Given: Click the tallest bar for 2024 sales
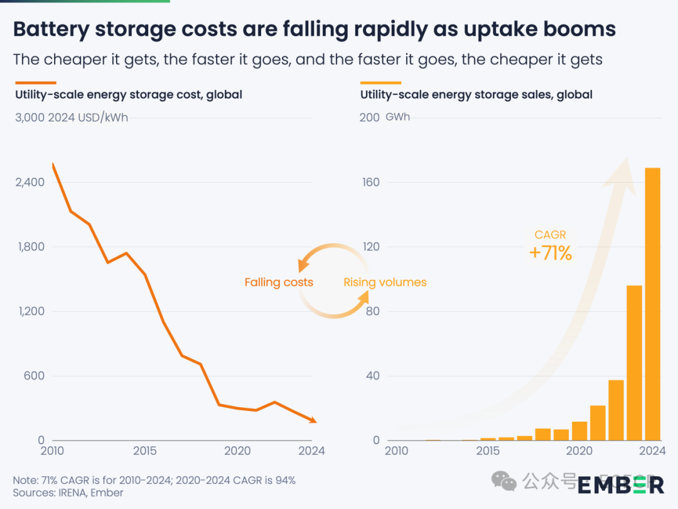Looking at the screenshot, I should [x=652, y=304].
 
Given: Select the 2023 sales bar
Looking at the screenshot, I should [x=634, y=363].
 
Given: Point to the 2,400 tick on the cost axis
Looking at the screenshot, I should [x=31, y=182].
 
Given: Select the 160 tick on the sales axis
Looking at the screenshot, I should [x=370, y=182].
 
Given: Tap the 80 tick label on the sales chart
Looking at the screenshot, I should [x=373, y=311].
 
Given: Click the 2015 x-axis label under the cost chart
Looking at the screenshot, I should [x=144, y=451].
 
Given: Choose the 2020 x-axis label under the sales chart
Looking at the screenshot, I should [x=579, y=451].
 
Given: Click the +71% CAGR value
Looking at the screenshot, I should [x=551, y=253].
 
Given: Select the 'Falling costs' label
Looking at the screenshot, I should [x=279, y=282].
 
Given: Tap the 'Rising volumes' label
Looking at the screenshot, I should [x=385, y=282].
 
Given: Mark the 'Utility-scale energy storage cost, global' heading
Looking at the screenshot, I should [x=129, y=95].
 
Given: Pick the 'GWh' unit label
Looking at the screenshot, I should [x=397, y=117].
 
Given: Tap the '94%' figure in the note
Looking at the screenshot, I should [x=282, y=480].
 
